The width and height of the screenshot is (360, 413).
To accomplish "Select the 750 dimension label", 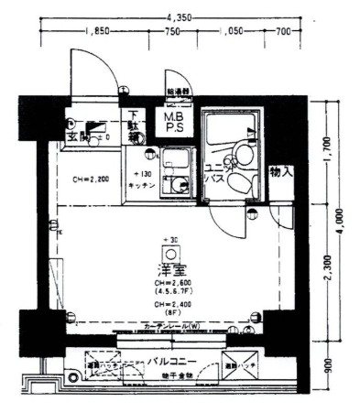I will tap(170, 32).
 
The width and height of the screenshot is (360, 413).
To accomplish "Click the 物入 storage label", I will tap(280, 171).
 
